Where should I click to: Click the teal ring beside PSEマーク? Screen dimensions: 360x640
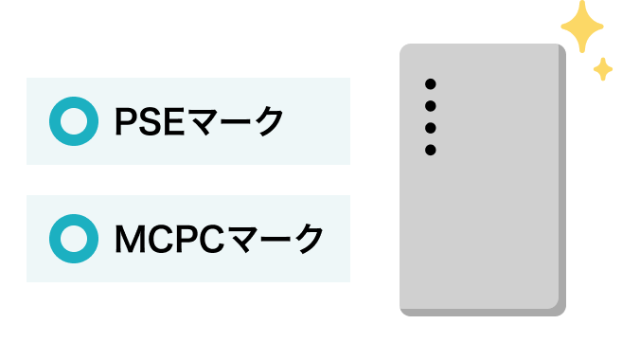tap(72, 121)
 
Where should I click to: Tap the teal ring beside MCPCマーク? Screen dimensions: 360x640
tap(72, 239)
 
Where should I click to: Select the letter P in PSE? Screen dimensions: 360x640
tap(126, 122)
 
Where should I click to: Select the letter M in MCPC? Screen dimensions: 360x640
tap(129, 239)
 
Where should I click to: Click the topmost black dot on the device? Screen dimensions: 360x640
tap(430, 83)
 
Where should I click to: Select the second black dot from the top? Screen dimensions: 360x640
tap(430, 105)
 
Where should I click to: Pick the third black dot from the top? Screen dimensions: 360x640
tap(430, 128)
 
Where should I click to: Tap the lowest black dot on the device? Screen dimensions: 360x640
tap(430, 150)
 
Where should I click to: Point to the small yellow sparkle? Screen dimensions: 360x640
tap(603, 68)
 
